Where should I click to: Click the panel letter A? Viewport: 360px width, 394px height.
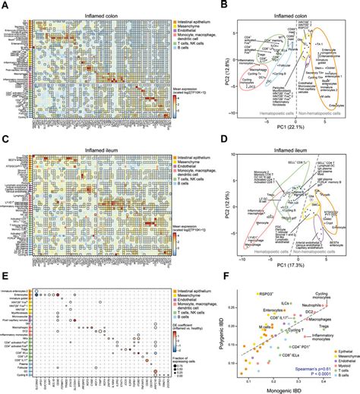click(x=5, y=5)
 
